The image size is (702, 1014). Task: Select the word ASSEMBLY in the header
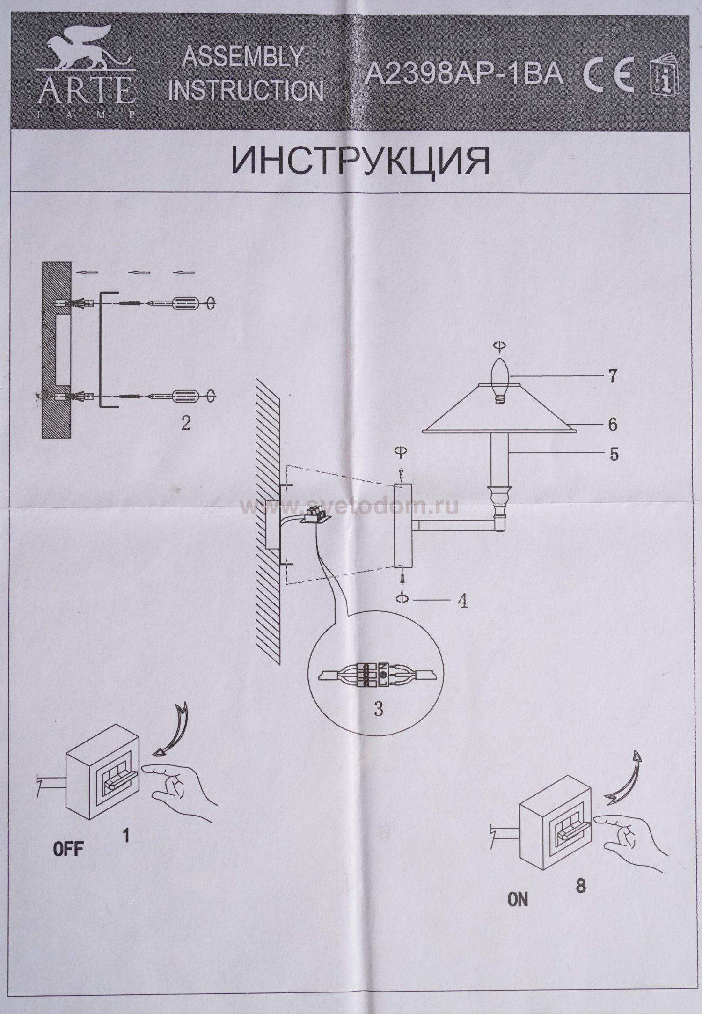click(x=242, y=57)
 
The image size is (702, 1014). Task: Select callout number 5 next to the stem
click(x=614, y=454)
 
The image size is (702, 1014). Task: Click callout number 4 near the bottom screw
click(x=462, y=602)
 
